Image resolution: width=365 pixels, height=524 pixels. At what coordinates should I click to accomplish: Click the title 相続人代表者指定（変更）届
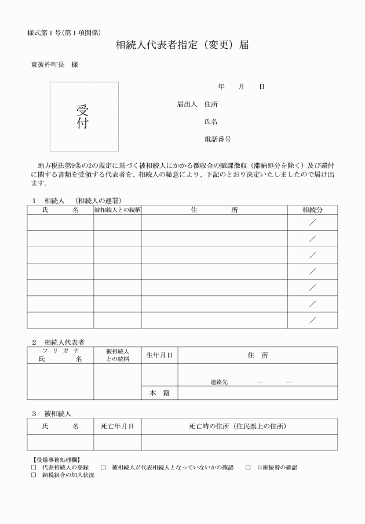point(182,45)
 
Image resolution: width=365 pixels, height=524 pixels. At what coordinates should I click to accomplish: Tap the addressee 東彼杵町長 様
point(54,64)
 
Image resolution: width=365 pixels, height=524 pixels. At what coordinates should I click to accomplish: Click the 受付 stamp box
point(83,116)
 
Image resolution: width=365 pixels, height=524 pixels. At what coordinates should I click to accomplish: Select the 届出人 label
point(187,104)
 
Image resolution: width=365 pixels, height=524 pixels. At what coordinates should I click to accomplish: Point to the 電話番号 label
point(218,139)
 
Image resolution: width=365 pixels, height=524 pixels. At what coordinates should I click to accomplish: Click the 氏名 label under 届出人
point(211,122)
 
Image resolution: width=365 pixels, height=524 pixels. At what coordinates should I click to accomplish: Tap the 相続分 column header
point(312,209)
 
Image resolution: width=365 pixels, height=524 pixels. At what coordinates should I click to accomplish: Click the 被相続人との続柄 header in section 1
point(118,209)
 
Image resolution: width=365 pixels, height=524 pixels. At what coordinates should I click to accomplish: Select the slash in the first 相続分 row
point(312,222)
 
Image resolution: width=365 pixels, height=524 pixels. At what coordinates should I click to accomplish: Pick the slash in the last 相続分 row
point(312,320)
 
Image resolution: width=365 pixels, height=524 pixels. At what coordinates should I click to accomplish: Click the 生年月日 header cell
point(159,355)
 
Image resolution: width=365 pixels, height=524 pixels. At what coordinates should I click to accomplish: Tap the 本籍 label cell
point(159,393)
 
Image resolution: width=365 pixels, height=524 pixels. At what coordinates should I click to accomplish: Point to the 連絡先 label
point(219,382)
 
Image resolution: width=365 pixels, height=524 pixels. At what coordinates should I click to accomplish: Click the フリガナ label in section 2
point(60,351)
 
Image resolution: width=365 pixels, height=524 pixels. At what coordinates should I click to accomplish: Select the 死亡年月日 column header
point(118,426)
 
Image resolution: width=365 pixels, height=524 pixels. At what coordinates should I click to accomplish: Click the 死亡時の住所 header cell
point(239,426)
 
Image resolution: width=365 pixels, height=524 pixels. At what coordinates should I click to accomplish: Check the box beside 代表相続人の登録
point(34,467)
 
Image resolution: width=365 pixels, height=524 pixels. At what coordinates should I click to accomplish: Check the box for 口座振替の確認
point(248,467)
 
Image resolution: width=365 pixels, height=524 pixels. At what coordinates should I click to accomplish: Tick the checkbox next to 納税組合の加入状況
point(34,475)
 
